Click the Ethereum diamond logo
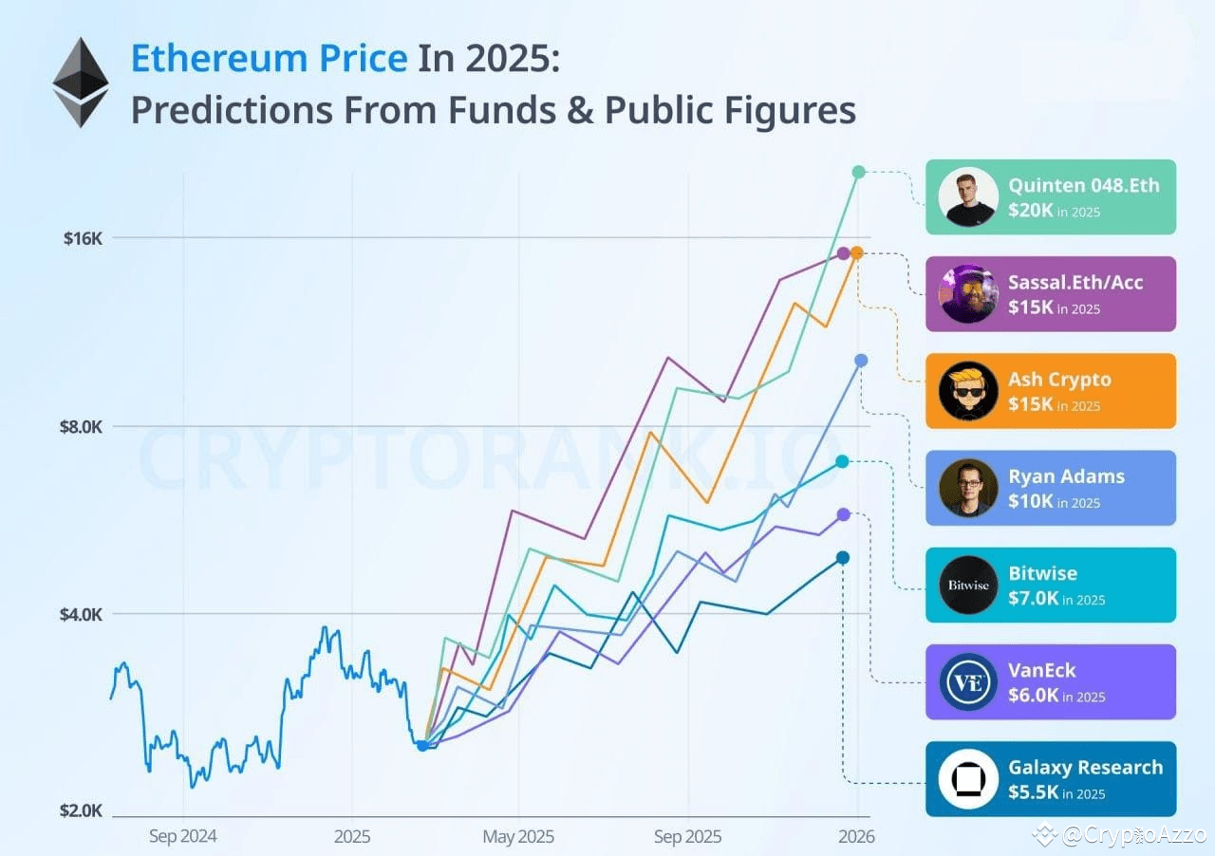(81, 83)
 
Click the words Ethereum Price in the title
(269, 59)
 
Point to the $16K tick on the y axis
(83, 238)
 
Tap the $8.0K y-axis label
(81, 426)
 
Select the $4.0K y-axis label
(81, 614)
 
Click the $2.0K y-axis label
(81, 810)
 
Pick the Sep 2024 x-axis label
(182, 837)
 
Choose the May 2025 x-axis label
(518, 837)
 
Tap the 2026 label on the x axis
(856, 837)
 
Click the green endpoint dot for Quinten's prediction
(858, 172)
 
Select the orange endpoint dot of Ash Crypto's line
(856, 252)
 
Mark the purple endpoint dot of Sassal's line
(843, 253)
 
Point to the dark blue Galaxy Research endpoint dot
(843, 557)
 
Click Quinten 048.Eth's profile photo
(968, 197)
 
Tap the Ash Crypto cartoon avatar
(968, 391)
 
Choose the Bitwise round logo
(968, 585)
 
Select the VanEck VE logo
(968, 682)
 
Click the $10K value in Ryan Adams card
(1031, 501)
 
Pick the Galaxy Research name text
(1085, 767)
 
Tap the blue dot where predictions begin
(422, 745)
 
